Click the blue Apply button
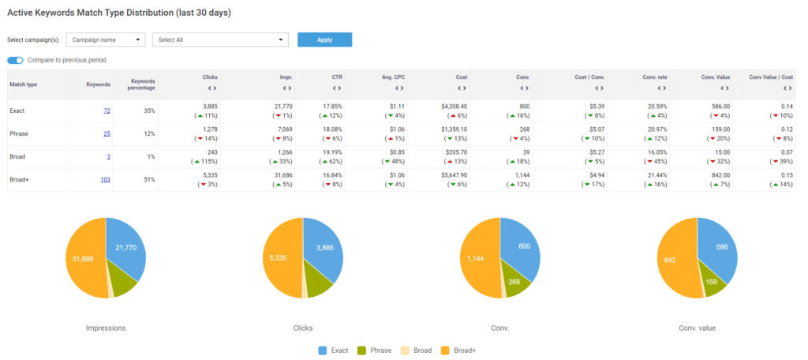(x=324, y=39)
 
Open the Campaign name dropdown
(x=106, y=39)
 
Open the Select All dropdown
(x=220, y=39)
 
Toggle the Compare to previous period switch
(x=15, y=60)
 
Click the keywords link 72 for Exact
(x=107, y=111)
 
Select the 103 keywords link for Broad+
(x=104, y=180)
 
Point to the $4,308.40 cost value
(x=451, y=106)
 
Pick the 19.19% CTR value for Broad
(x=320, y=152)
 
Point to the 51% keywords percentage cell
(x=147, y=180)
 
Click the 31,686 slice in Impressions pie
(x=84, y=259)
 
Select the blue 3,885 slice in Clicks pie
(x=322, y=249)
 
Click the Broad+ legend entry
(x=462, y=350)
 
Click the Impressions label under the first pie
(x=106, y=327)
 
